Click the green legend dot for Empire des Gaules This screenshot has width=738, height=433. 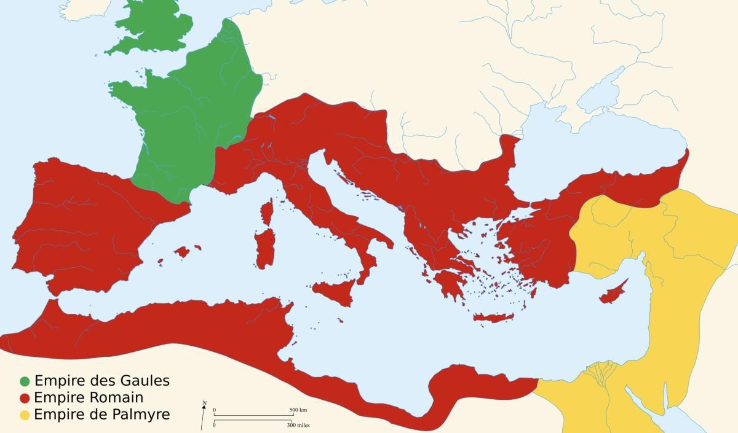click(x=24, y=381)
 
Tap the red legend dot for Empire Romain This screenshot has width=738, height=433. click(x=24, y=397)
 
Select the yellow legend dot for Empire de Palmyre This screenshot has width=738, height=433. click(x=24, y=415)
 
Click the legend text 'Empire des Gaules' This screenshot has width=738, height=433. click(x=101, y=380)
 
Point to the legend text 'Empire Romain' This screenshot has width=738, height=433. click(x=89, y=397)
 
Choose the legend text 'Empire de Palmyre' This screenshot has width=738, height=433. click(x=101, y=415)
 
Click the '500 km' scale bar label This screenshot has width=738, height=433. click(x=298, y=410)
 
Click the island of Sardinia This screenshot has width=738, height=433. click(x=264, y=249)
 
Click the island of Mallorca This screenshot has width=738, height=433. click(x=182, y=251)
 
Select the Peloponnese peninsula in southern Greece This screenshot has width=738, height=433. click(x=448, y=284)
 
